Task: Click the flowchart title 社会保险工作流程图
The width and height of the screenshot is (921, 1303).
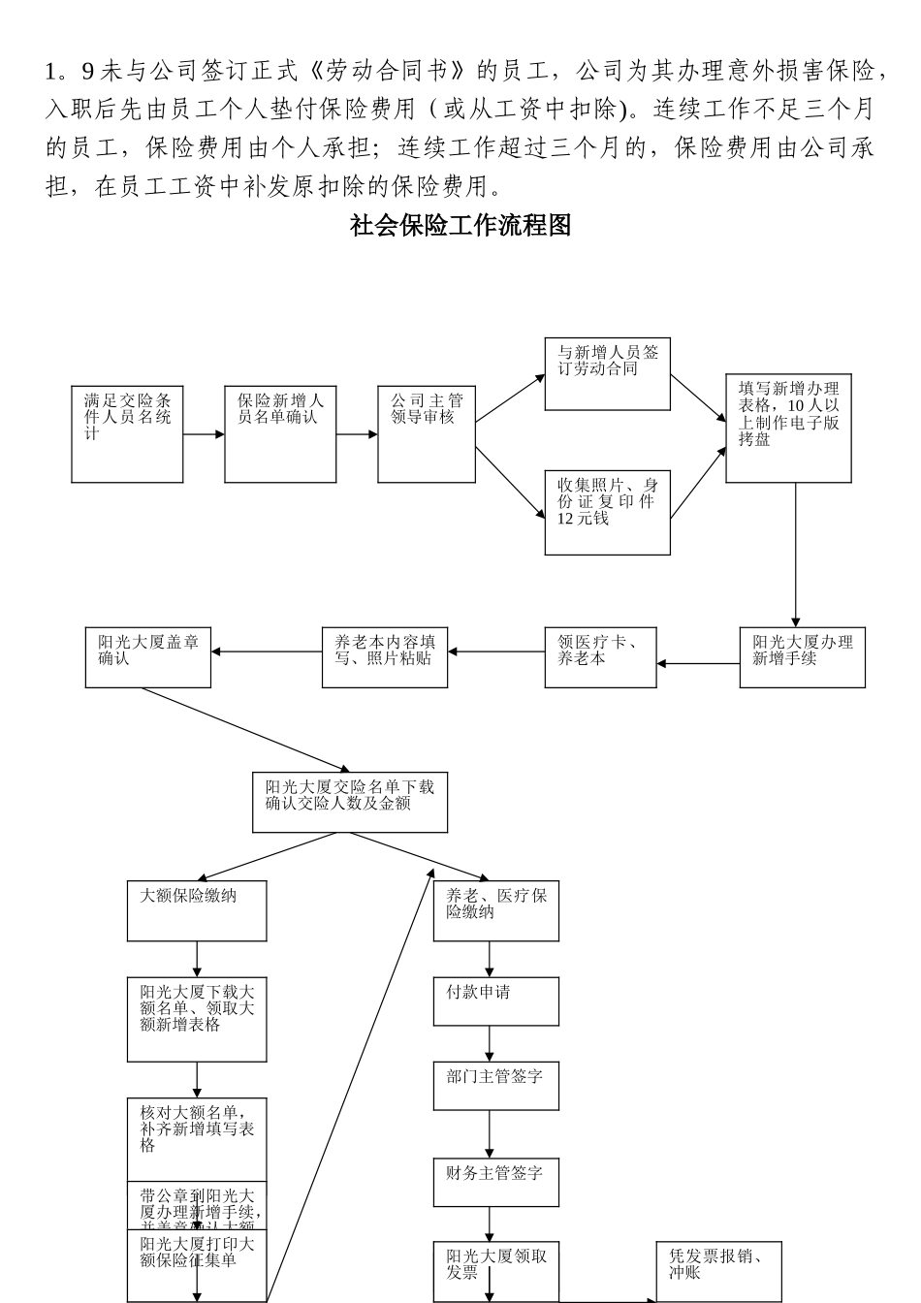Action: click(460, 227)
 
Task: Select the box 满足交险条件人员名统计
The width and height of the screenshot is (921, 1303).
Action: click(127, 434)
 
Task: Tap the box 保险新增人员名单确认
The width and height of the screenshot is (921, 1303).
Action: click(280, 434)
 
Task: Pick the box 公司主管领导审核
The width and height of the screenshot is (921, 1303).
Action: click(427, 434)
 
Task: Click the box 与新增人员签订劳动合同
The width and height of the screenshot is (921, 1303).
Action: click(607, 374)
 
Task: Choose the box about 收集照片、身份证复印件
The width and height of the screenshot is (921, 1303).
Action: click(607, 511)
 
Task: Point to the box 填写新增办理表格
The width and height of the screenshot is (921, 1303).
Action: click(788, 428)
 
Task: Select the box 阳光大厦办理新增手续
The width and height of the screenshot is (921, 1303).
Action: click(802, 658)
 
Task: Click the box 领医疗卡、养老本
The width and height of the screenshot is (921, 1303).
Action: click(600, 658)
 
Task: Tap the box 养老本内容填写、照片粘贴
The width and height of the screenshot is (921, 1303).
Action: click(385, 658)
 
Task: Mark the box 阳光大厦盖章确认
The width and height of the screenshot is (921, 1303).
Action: click(147, 658)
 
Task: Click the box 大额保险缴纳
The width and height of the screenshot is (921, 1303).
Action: click(197, 910)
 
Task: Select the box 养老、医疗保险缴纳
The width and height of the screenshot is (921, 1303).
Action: click(495, 910)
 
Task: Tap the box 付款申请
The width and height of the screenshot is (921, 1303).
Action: click(495, 1001)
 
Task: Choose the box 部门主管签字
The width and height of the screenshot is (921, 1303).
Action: click(495, 1086)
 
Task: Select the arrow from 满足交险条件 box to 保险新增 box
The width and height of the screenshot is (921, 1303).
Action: click(204, 434)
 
